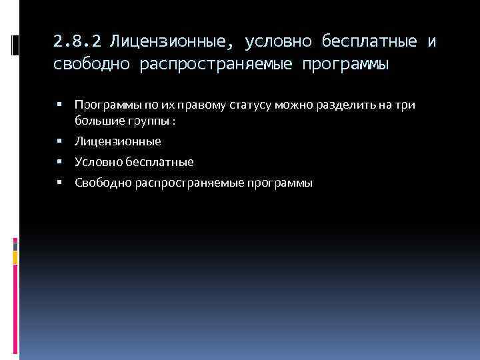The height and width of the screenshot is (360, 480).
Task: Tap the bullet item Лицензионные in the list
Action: click(118, 141)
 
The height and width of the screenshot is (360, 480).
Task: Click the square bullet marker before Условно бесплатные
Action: click(60, 161)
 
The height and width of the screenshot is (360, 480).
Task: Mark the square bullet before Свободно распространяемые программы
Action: click(60, 182)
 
